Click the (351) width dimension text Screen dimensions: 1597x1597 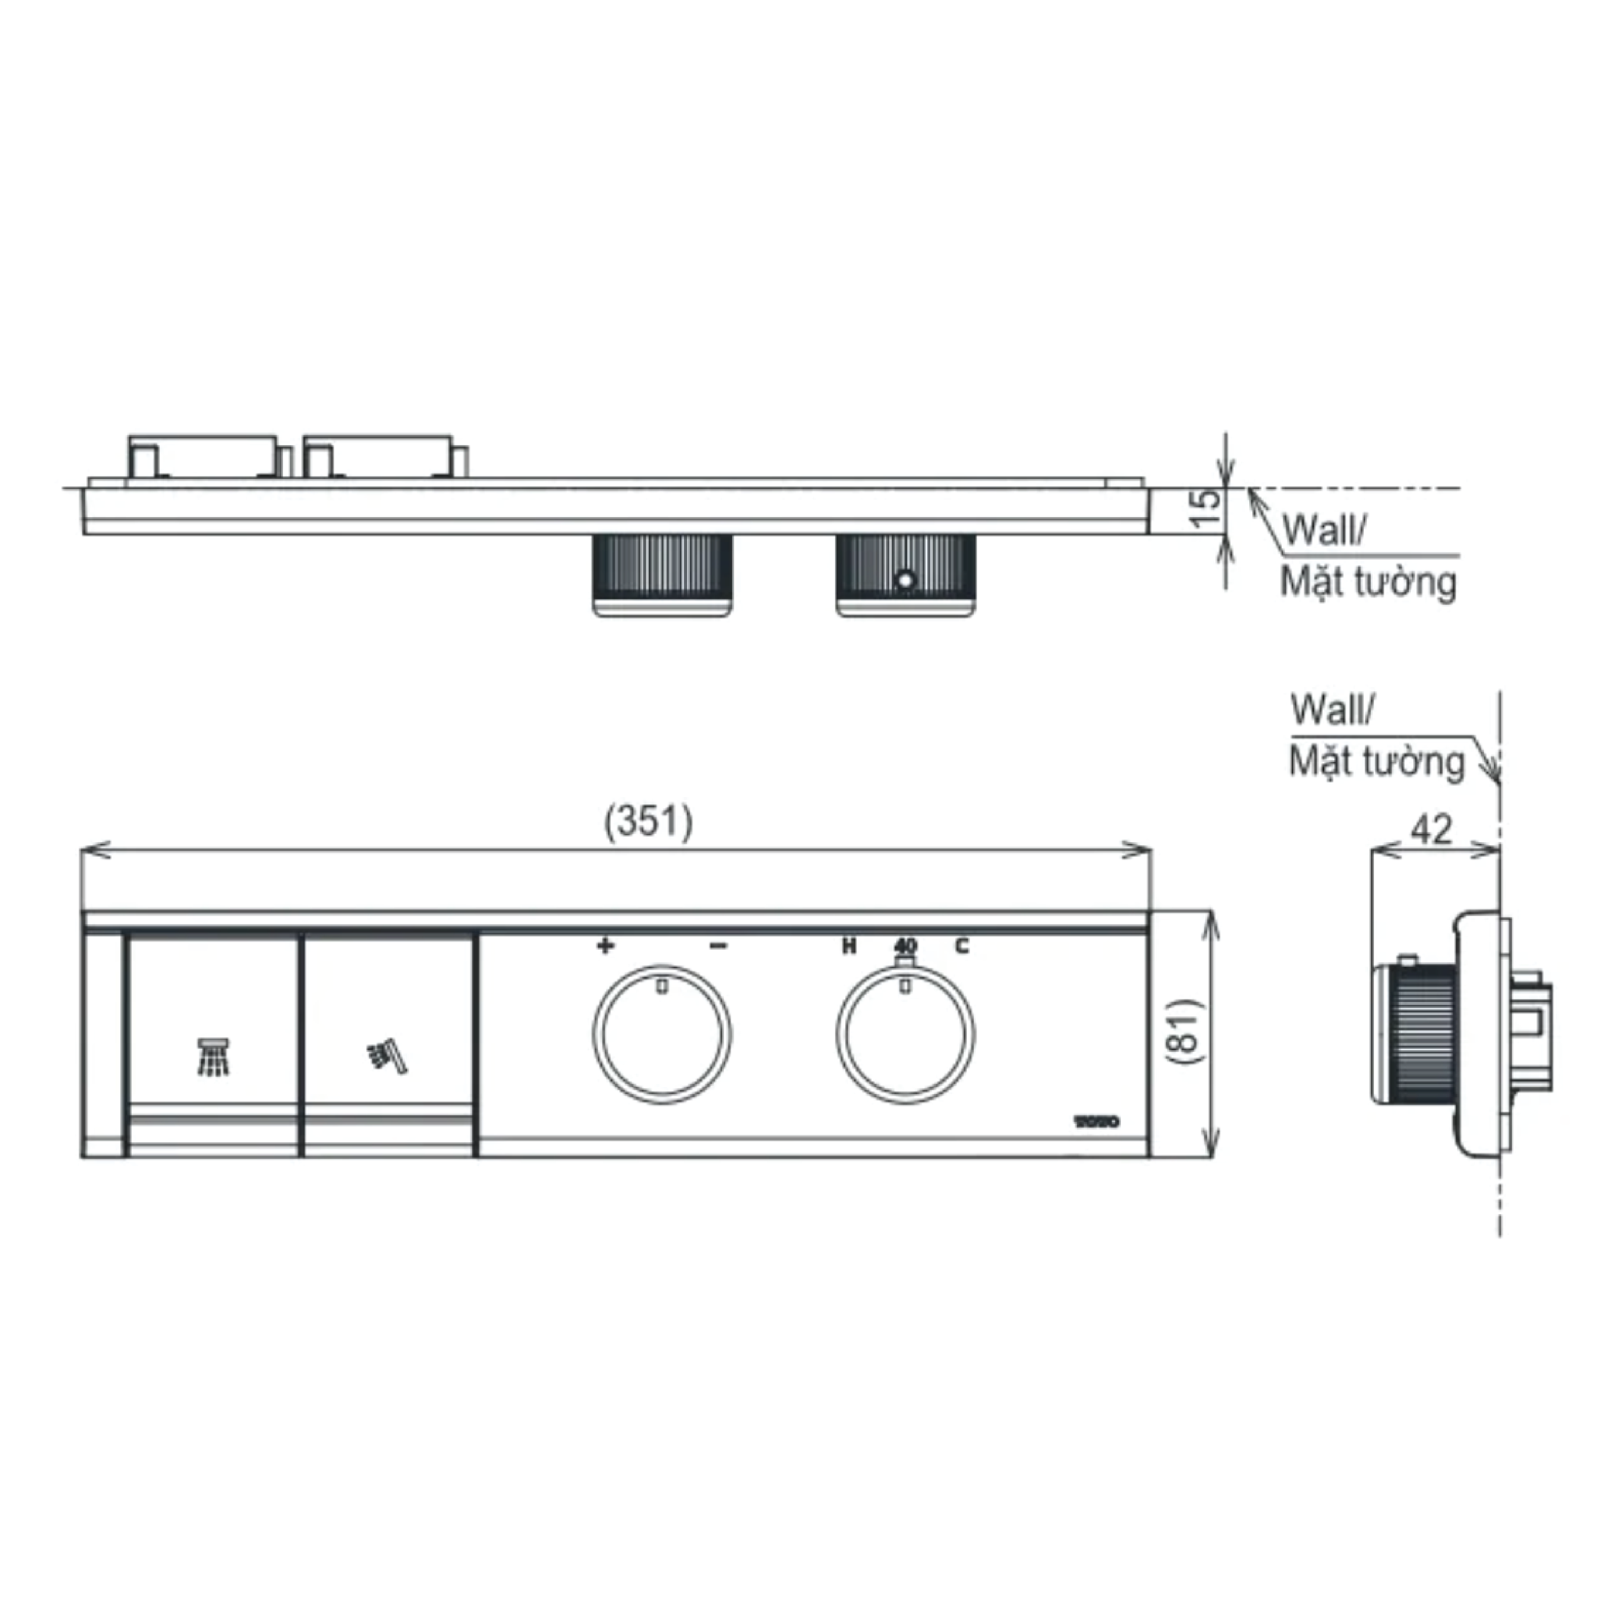pos(649,823)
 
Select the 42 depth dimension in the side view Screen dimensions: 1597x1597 pos(1430,829)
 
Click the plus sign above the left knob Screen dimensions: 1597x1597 pos(605,946)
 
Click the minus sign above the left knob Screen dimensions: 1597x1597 pos(718,946)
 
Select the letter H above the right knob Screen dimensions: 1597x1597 pos(848,947)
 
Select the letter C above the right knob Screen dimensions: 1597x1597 pos(961,947)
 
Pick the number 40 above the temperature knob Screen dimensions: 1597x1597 pos(905,946)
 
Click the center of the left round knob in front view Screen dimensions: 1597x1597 pos(661,1034)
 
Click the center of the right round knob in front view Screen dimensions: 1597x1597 pos(905,1034)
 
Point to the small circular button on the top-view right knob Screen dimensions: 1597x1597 pos(906,580)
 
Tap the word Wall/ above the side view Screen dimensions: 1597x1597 pos(1332,710)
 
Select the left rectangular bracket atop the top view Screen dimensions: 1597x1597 pos(203,455)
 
